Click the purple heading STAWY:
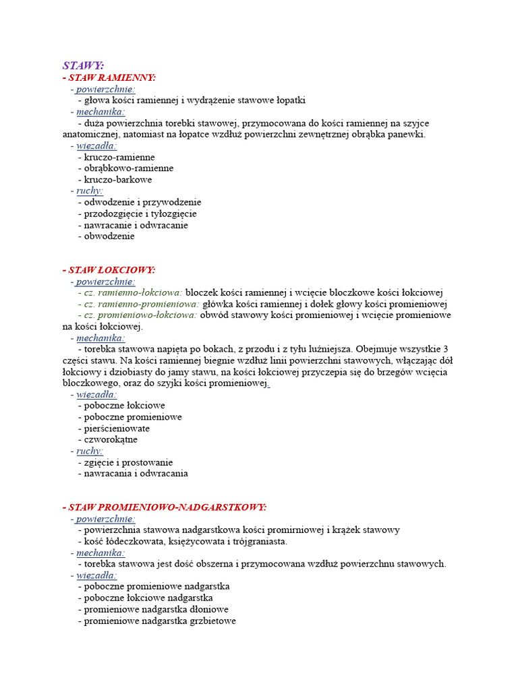tap(83, 65)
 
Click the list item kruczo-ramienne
tap(119, 157)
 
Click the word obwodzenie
tap(109, 237)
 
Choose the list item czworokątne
tap(111, 439)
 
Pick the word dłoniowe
tap(209, 609)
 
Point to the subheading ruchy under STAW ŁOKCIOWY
tap(90, 451)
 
